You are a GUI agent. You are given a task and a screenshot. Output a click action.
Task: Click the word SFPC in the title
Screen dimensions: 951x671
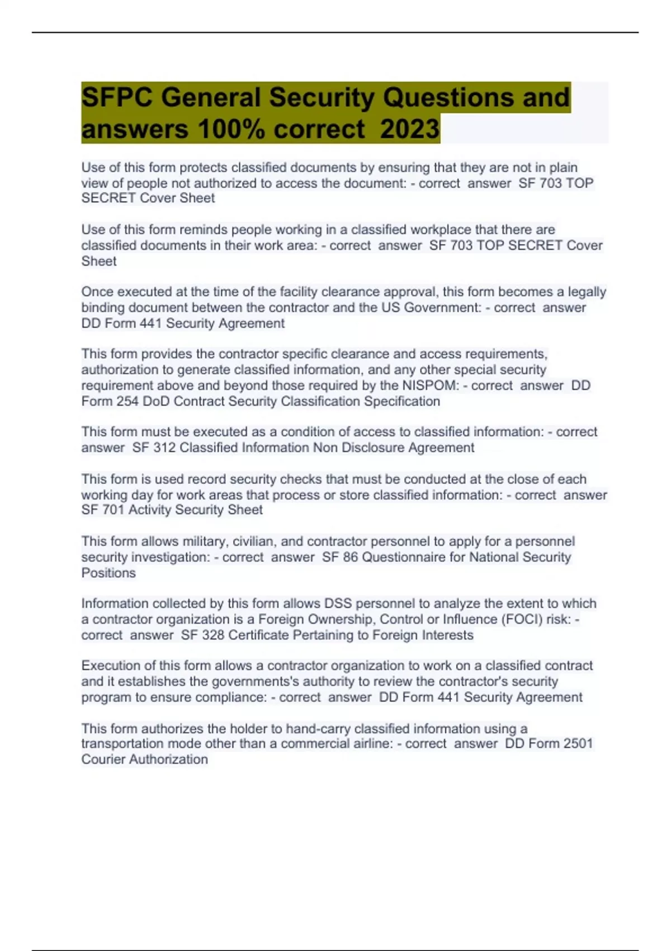coord(116,97)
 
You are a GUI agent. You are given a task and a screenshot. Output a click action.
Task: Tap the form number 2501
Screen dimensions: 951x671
coord(578,743)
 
